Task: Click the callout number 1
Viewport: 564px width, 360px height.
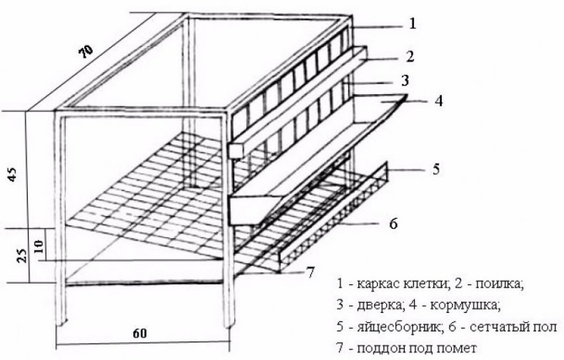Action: click(412, 24)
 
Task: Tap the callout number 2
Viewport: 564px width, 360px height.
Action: click(409, 56)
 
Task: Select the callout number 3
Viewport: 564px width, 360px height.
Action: click(405, 80)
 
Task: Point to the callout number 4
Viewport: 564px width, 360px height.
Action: click(439, 101)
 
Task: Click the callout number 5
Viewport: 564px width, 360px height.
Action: click(436, 169)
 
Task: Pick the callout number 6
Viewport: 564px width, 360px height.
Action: click(393, 223)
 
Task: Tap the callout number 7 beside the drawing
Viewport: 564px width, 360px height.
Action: click(311, 272)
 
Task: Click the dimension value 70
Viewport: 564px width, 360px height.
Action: click(86, 51)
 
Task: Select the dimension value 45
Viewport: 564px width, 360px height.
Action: click(12, 174)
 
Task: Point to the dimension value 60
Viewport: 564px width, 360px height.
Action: click(140, 333)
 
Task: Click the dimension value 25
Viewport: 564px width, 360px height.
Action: click(23, 255)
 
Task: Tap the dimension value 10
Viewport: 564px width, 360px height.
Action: click(38, 246)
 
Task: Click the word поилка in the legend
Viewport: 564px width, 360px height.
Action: click(498, 284)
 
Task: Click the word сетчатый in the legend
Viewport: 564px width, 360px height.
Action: click(498, 328)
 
